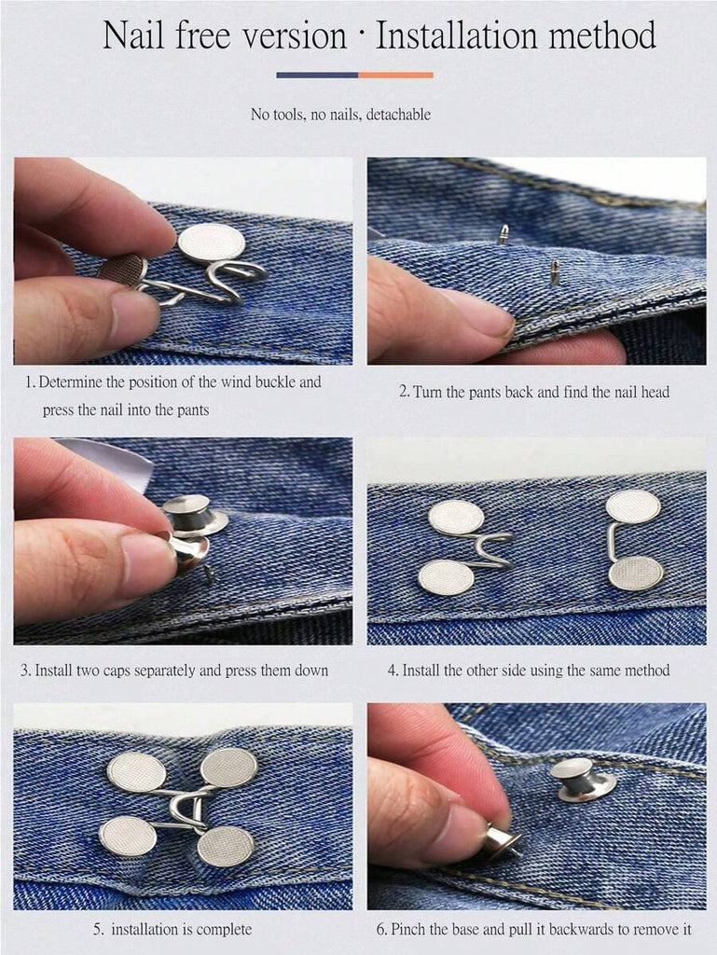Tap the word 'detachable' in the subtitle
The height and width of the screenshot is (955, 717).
pyautogui.click(x=398, y=115)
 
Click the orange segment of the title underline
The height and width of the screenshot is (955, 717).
pyautogui.click(x=395, y=75)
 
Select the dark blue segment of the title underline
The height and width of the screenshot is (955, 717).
pyautogui.click(x=316, y=75)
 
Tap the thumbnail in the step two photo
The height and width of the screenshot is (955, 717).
pyautogui.click(x=479, y=311)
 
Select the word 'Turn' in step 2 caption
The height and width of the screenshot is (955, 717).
pyautogui.click(x=427, y=393)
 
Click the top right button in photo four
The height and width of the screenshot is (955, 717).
pyautogui.click(x=633, y=506)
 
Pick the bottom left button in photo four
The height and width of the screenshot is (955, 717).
pyautogui.click(x=447, y=577)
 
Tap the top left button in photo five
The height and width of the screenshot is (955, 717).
pyautogui.click(x=137, y=771)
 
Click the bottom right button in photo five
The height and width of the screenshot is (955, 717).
pyautogui.click(x=226, y=846)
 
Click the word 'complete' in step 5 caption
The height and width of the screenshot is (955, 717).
pyautogui.click(x=224, y=930)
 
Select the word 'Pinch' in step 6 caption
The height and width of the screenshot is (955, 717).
pyautogui.click(x=408, y=930)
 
